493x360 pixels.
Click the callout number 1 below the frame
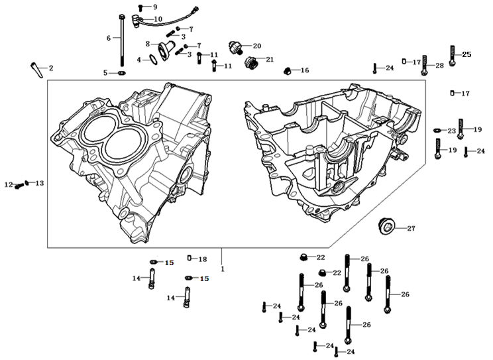[223, 269]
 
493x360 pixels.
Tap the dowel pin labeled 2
[36, 67]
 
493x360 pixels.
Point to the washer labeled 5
[123, 72]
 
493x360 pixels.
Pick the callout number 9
[155, 7]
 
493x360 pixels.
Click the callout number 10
[158, 19]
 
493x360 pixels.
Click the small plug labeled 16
[288, 70]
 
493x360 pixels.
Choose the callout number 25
[466, 54]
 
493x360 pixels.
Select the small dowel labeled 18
[189, 259]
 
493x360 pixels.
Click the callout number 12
[8, 185]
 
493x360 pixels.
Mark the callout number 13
[39, 183]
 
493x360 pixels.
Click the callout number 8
[148, 43]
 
